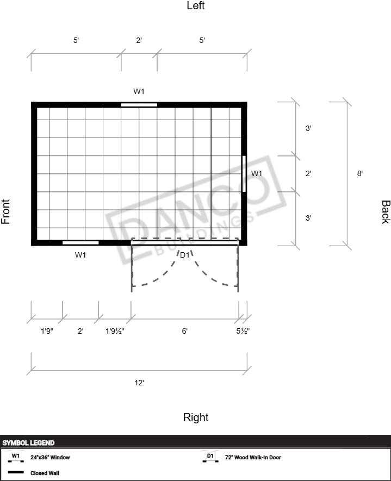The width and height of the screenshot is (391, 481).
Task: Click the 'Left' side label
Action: [x=196, y=5]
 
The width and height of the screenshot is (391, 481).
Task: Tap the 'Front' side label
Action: [x=5, y=211]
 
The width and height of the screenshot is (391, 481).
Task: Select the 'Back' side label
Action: [x=386, y=212]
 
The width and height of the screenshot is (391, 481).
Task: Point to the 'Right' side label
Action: [x=196, y=417]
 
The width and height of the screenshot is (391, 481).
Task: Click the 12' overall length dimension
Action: [x=139, y=383]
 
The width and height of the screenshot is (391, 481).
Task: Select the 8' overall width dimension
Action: [x=359, y=173]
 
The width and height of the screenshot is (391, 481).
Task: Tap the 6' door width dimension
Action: [x=184, y=331]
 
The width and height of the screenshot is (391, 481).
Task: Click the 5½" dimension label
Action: [x=243, y=331]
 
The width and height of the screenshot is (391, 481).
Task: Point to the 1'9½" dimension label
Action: [x=115, y=331]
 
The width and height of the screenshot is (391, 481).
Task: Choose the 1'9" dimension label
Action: [x=47, y=331]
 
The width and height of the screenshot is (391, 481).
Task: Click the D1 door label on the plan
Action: [x=184, y=255]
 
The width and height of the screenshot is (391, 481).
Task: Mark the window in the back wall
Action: [x=244, y=174]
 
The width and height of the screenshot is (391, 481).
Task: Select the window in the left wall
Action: [x=139, y=105]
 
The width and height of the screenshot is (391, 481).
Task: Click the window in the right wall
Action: [x=80, y=243]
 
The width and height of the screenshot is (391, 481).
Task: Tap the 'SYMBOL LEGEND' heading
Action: [x=28, y=443]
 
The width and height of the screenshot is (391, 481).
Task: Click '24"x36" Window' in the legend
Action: [x=50, y=458]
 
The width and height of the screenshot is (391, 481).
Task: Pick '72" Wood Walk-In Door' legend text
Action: [x=253, y=458]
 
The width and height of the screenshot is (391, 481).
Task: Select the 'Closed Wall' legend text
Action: [x=45, y=473]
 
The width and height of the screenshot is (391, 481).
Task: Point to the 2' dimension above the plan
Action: [x=139, y=40]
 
